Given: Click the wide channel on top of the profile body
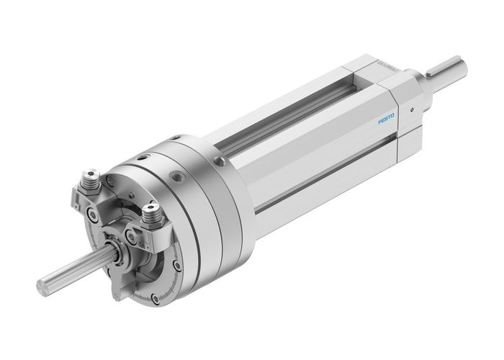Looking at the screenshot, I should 288,119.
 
